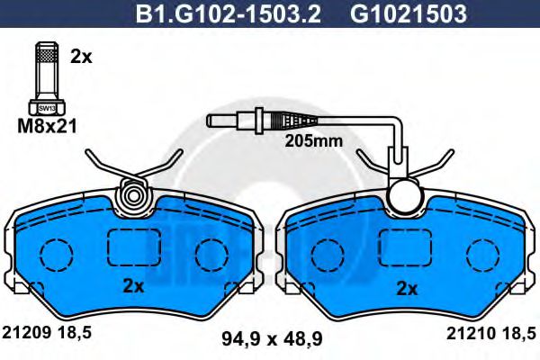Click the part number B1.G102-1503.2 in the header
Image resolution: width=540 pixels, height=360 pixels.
229,14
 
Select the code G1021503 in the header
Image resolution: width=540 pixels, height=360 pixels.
409,14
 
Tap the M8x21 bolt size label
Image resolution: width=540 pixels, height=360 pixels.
47,126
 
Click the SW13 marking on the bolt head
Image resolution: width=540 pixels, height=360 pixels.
47,108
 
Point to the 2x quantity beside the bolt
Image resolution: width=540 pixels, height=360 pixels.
81,57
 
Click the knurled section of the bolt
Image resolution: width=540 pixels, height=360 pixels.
47,55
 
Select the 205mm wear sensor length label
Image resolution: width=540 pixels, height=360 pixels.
313,141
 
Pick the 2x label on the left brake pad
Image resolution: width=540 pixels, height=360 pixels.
133,285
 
